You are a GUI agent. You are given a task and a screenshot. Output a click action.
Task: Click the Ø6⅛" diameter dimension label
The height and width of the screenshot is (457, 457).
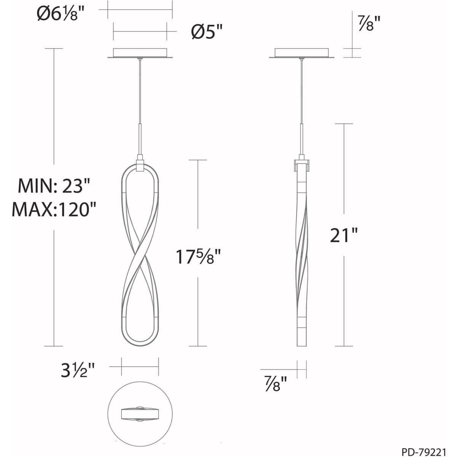(x=61, y=13)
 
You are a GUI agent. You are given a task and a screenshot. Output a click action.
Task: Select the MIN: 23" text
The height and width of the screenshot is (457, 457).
(x=54, y=186)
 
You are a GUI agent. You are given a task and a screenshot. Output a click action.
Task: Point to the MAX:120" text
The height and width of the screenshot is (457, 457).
(x=54, y=210)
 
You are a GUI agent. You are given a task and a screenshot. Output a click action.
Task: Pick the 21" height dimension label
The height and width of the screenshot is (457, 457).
(x=344, y=235)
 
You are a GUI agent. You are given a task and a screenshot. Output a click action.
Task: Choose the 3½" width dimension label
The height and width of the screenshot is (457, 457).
(x=78, y=371)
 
